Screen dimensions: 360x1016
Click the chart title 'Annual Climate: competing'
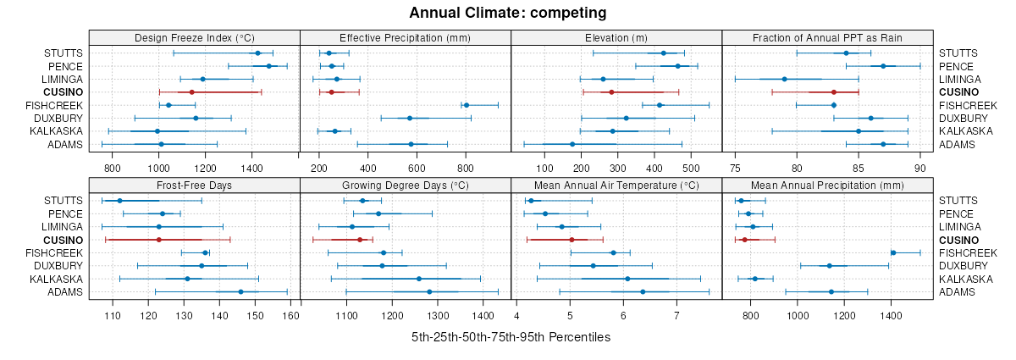pos(507,13)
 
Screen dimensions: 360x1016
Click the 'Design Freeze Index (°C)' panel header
pos(194,37)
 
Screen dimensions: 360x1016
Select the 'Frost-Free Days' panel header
pos(194,185)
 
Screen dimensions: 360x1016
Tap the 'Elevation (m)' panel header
pos(616,37)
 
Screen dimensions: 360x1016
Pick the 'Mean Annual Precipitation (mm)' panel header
pos(827,185)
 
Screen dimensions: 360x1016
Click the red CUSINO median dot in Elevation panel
pos(611,91)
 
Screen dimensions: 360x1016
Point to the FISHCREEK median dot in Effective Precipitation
pos(466,105)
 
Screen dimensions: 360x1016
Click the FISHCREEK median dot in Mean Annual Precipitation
pos(893,252)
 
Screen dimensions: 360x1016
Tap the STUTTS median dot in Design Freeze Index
pos(257,53)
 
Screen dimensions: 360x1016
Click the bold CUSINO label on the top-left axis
pos(64,91)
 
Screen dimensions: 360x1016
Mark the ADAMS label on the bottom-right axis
pos(956,292)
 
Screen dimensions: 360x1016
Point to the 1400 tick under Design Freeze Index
pos(251,168)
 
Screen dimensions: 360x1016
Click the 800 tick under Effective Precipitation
pos(465,168)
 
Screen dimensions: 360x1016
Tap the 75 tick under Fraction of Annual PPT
pos(735,168)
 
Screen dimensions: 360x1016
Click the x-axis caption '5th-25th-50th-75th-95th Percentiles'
pos(511,337)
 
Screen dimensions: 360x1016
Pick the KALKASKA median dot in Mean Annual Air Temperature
pos(627,279)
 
